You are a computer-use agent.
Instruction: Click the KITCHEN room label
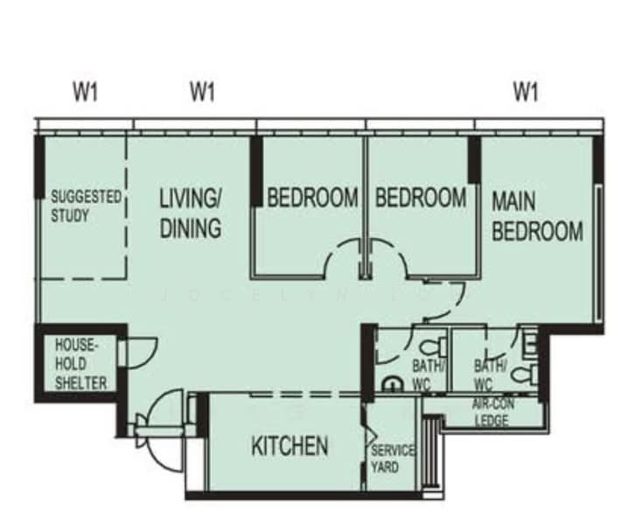pos(290,445)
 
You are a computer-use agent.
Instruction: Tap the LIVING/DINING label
pos(191,213)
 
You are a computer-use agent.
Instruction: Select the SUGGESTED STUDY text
pos(86,206)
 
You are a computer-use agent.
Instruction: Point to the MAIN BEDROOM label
pos(537,216)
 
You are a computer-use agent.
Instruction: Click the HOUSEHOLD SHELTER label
pos(80,364)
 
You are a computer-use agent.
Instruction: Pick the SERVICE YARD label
pos(392,459)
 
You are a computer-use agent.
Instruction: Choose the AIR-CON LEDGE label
pos(493,413)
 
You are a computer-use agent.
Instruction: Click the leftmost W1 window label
pos(86,92)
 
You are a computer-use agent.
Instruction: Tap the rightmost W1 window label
pos(526,92)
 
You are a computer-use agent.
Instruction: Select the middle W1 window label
pos(202,92)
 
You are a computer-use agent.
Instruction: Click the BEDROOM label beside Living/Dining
pos(312,198)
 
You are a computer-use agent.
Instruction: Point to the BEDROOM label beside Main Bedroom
pos(421,198)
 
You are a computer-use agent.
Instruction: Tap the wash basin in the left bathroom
pos(392,384)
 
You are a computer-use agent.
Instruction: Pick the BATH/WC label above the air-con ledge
pos(490,374)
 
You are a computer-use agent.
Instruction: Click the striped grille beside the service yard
pos(431,451)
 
